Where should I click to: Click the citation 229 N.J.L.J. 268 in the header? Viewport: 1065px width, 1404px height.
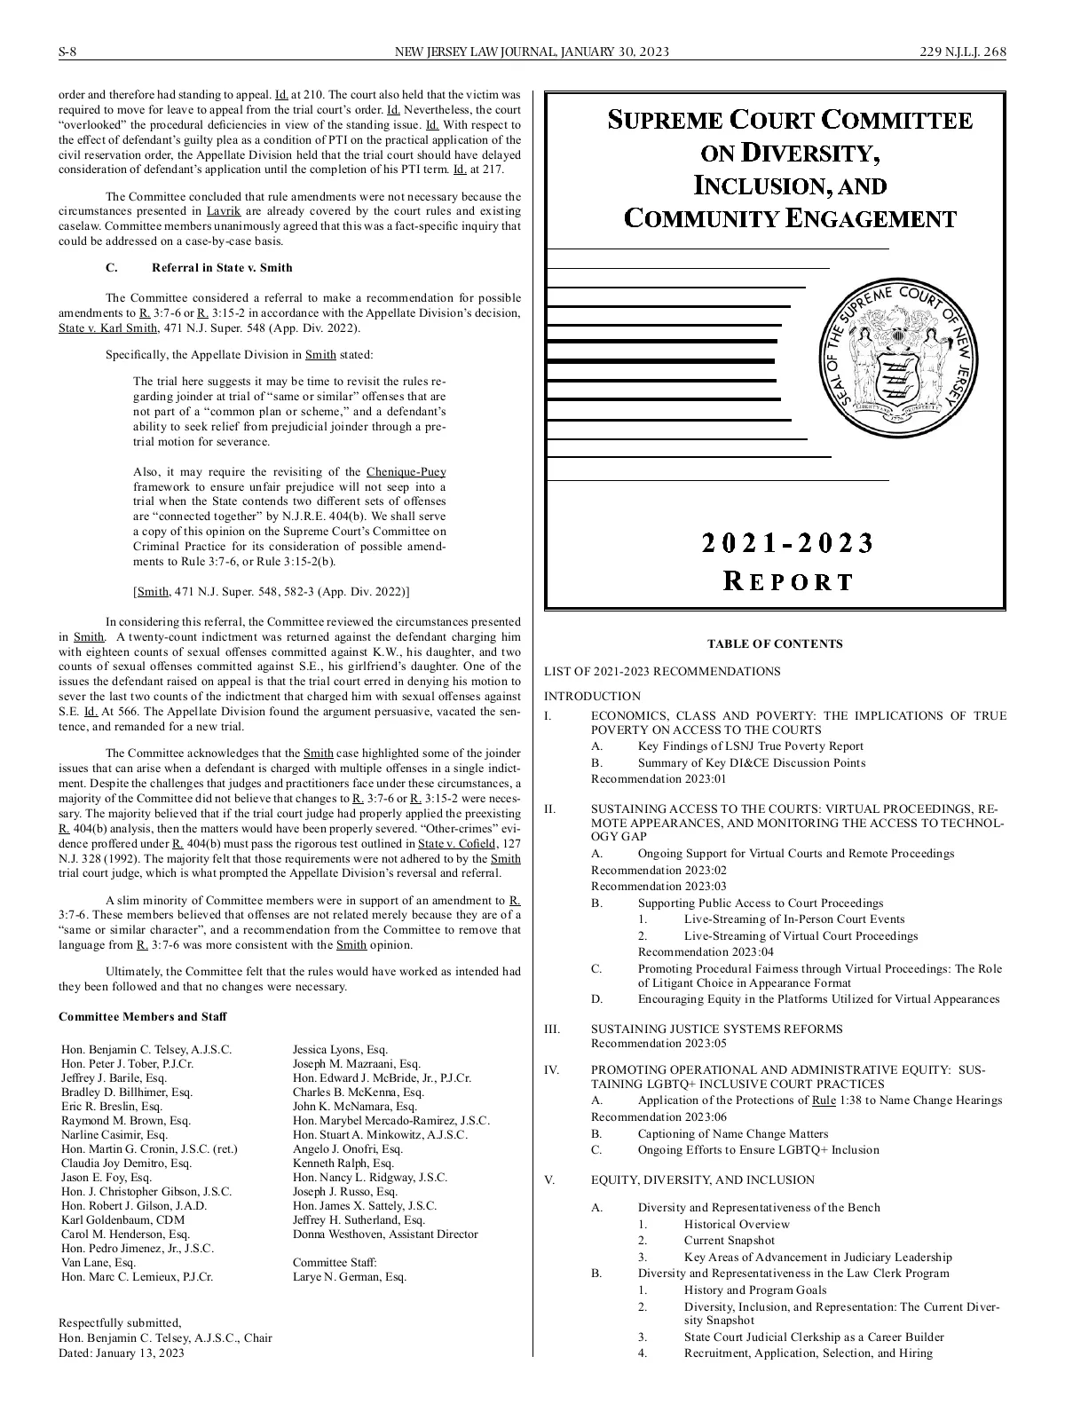(x=963, y=51)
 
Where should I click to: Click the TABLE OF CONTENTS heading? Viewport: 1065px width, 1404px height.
(x=775, y=644)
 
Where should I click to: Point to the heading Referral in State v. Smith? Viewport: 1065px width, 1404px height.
(x=222, y=267)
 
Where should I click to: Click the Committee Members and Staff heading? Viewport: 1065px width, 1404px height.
(x=142, y=1016)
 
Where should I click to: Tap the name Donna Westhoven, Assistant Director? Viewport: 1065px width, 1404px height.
(x=385, y=1234)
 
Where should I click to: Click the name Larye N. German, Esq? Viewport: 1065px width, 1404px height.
(x=350, y=1276)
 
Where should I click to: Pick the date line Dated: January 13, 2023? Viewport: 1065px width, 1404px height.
(x=122, y=1353)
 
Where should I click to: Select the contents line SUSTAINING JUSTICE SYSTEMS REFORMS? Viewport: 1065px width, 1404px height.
(x=717, y=1029)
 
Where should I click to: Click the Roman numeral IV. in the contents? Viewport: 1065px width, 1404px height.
(x=551, y=1069)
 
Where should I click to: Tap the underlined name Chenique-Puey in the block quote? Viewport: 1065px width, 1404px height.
(x=406, y=472)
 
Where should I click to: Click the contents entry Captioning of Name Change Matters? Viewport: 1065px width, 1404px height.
(x=733, y=1133)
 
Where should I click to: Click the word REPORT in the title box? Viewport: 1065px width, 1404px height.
(x=788, y=581)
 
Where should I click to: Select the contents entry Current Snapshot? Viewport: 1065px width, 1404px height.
(x=729, y=1240)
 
